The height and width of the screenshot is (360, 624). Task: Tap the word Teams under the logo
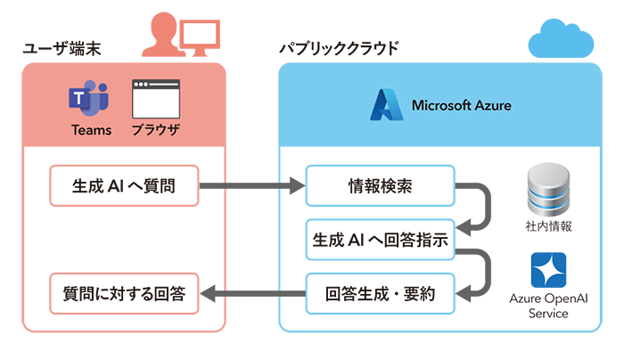click(91, 129)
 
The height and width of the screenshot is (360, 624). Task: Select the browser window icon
click(155, 98)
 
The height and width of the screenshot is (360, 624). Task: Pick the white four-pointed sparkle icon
click(544, 271)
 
